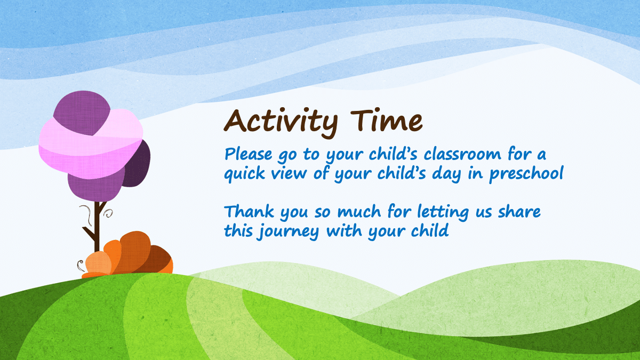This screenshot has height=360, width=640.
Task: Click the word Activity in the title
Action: [x=281, y=123]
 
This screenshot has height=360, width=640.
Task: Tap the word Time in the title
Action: [x=387, y=120]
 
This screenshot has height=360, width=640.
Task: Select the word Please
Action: [x=249, y=154]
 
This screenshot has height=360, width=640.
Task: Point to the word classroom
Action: [x=462, y=154]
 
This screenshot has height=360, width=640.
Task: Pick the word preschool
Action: [x=526, y=173]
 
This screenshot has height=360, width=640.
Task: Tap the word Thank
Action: [x=250, y=211]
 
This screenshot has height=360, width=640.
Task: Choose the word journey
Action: [x=288, y=231]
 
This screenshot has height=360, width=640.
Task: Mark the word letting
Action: [x=443, y=212]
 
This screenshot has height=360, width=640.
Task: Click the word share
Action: [x=519, y=211]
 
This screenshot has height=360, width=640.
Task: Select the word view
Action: [x=289, y=173]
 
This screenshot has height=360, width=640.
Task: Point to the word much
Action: [x=359, y=211]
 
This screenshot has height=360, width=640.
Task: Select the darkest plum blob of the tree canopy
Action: [x=137, y=164]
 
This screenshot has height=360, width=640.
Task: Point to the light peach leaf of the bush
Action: [x=99, y=262]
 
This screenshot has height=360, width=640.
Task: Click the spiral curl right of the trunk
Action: [x=109, y=213]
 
